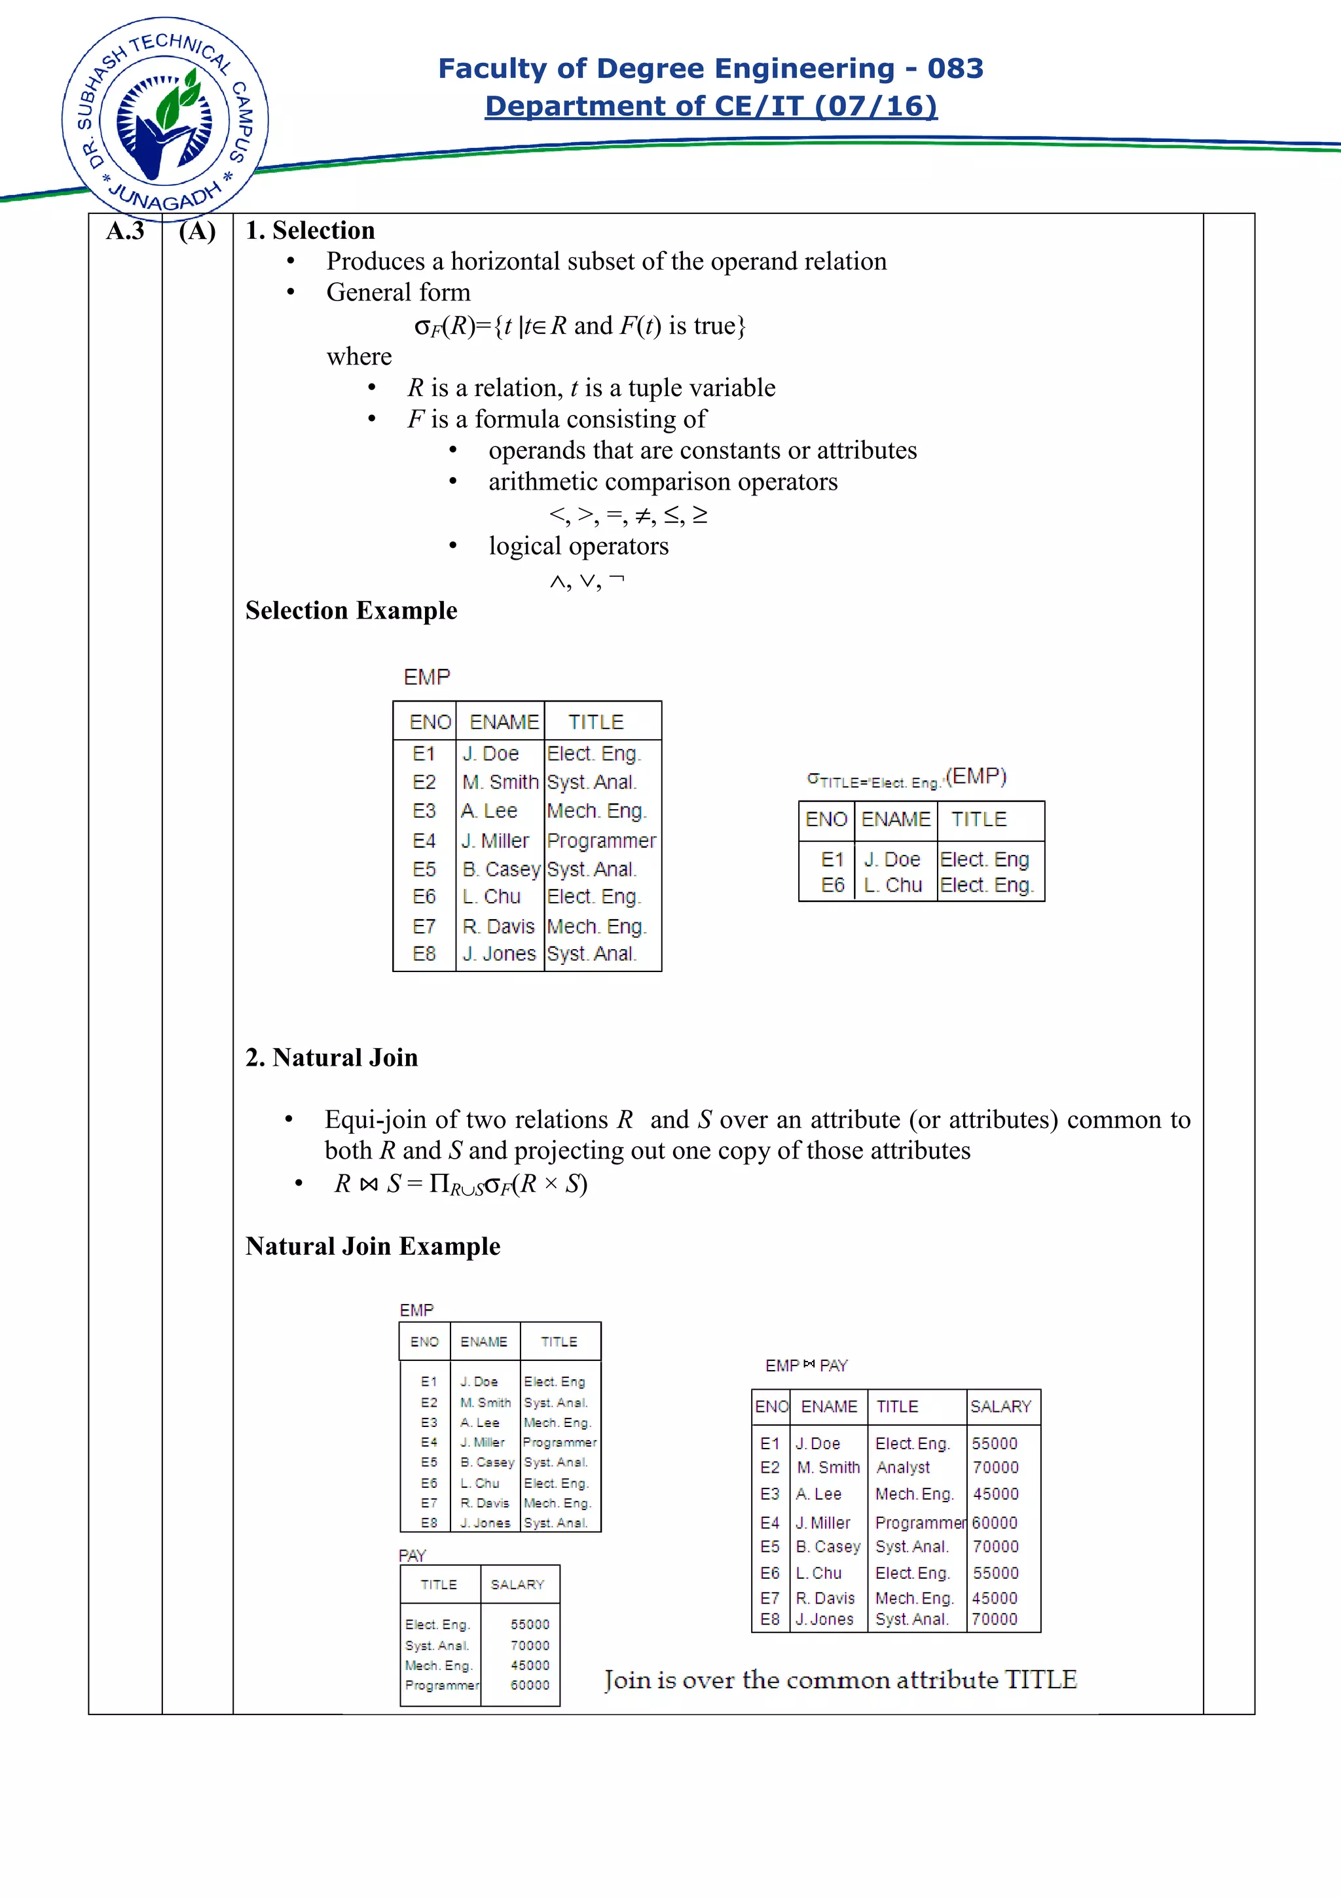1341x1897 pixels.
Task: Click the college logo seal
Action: tap(165, 118)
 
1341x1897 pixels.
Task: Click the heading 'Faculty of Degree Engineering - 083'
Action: tap(710, 68)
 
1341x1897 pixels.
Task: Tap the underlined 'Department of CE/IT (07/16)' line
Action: tap(710, 106)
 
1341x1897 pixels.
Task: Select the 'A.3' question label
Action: tap(125, 230)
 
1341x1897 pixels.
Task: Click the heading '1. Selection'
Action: tap(310, 230)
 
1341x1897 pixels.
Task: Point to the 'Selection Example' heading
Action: tap(351, 611)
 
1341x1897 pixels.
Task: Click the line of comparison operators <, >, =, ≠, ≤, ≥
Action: tap(628, 515)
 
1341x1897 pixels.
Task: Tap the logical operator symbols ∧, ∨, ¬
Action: tap(587, 581)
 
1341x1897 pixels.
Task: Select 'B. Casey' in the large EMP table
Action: tap(501, 869)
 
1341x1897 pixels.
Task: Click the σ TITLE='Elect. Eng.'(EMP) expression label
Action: tap(906, 778)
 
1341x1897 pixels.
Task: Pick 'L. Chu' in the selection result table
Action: tap(892, 885)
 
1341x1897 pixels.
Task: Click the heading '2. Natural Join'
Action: tap(331, 1058)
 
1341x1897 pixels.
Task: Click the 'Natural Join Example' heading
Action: tap(373, 1246)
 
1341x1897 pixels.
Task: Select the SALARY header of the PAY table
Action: tap(517, 1585)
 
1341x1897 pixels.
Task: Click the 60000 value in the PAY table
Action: tap(530, 1686)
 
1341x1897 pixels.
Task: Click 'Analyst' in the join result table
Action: tap(902, 1468)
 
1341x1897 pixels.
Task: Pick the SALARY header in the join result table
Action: tap(1000, 1406)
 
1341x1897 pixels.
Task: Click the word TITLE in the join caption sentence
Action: tap(1040, 1680)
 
